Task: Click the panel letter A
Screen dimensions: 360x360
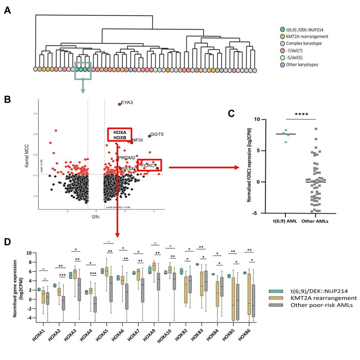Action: click(7, 10)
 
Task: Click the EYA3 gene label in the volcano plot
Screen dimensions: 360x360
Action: click(127, 103)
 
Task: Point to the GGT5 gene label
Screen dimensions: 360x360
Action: click(157, 134)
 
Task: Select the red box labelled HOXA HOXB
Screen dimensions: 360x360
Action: click(120, 135)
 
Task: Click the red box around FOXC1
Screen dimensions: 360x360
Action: click(149, 165)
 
